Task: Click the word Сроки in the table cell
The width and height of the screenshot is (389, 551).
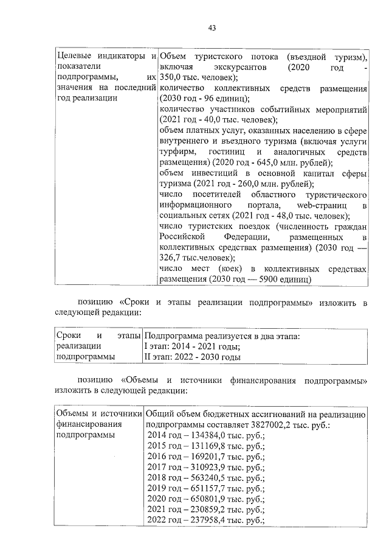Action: click(x=68, y=335)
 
